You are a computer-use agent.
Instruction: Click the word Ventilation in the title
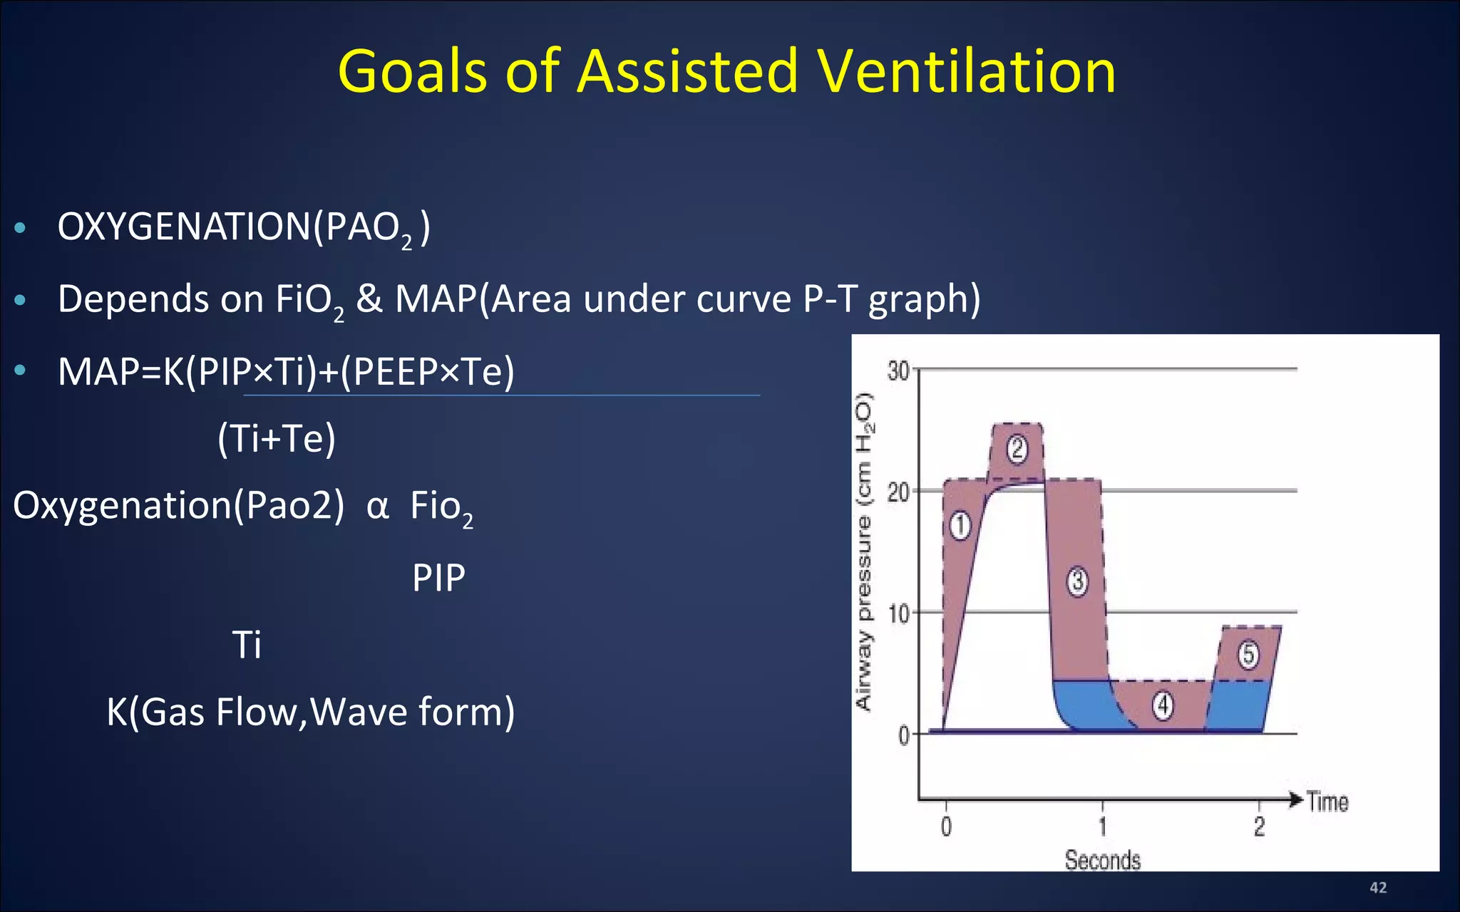click(966, 71)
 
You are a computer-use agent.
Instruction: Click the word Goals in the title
click(413, 71)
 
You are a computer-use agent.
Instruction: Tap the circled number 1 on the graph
click(960, 526)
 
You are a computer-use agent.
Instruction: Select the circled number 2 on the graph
click(1017, 449)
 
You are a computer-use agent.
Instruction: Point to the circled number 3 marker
click(1077, 581)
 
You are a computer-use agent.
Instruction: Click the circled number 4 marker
click(1163, 705)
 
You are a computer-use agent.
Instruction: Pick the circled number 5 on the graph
click(1248, 654)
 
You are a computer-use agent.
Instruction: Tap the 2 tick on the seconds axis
click(1259, 826)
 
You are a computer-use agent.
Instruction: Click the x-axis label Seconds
click(1102, 860)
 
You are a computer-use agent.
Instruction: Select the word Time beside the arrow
click(1327, 802)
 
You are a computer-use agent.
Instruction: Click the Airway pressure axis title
click(863, 552)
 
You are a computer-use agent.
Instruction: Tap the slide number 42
click(1378, 887)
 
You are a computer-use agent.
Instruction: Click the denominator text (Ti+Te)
click(277, 438)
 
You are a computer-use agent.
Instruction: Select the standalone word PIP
click(438, 578)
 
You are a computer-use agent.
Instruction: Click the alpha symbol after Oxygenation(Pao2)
click(377, 507)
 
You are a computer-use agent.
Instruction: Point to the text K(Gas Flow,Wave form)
click(310, 712)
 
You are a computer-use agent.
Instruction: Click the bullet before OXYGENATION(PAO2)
click(21, 228)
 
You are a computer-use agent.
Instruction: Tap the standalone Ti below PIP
click(247, 645)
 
